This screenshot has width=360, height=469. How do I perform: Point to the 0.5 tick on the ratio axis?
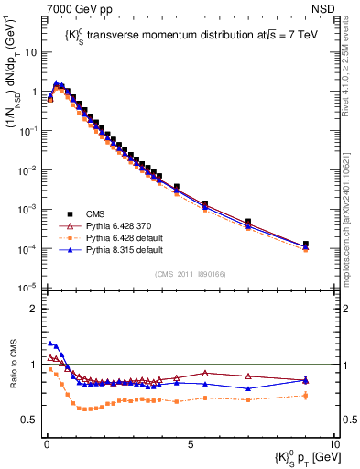click(x=30, y=420)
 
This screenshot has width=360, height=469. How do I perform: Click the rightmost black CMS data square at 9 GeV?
click(x=306, y=245)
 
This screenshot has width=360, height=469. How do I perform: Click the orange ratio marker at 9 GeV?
click(x=306, y=396)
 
